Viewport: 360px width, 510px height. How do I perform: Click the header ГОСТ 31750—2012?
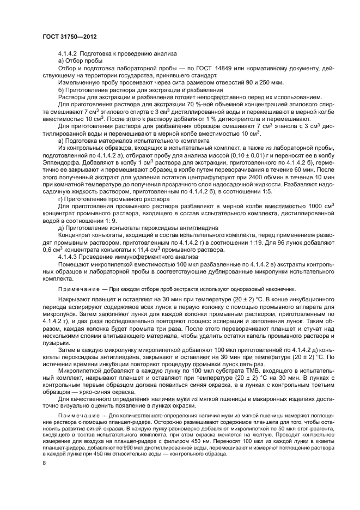tap(65, 36)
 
